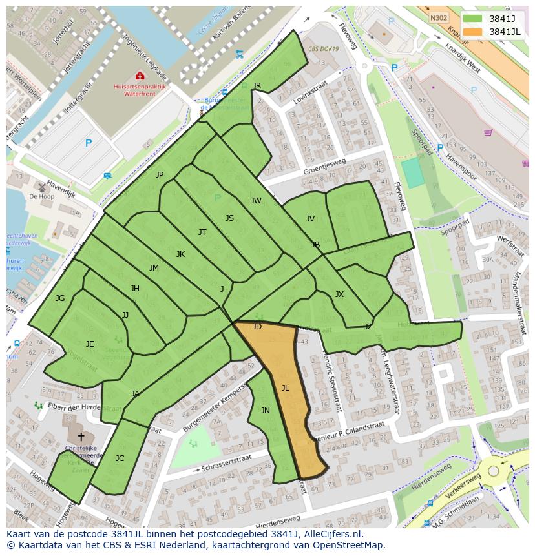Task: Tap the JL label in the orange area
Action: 285,388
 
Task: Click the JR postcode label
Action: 257,86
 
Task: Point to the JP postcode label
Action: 160,175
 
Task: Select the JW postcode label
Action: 256,201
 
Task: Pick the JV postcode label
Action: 310,219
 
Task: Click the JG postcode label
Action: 60,298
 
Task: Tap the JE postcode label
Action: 90,344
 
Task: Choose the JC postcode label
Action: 120,458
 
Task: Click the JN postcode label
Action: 265,411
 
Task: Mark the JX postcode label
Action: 339,294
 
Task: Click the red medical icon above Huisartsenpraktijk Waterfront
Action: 140,76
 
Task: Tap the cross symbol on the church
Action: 81,437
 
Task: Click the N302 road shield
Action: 439,18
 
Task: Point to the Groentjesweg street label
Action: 324,167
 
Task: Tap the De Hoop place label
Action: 41,196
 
